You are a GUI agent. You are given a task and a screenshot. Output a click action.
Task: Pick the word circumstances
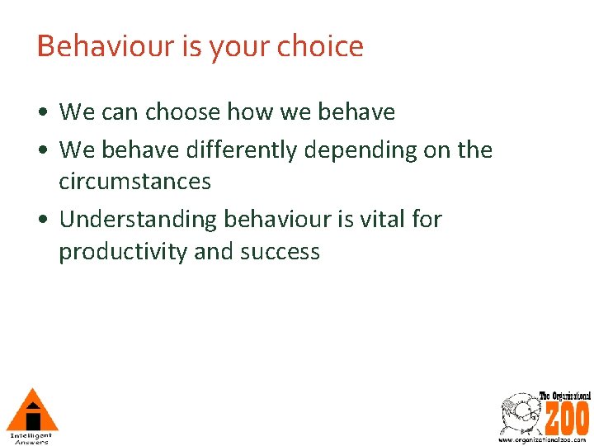pyautogui.click(x=134, y=181)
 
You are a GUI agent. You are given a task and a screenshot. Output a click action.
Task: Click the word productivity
pyautogui.click(x=123, y=251)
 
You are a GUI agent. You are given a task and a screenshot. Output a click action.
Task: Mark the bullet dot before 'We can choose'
pyautogui.click(x=42, y=112)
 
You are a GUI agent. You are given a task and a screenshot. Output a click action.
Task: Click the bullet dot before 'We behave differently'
pyautogui.click(x=42, y=151)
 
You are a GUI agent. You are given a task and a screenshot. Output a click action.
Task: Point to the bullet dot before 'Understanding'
pyautogui.click(x=42, y=221)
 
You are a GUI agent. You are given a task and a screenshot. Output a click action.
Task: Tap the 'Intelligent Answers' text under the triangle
pyautogui.click(x=31, y=438)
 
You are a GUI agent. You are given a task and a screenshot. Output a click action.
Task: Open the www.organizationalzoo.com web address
pyautogui.click(x=544, y=440)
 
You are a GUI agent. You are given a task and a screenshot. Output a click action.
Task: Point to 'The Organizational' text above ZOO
pyautogui.click(x=565, y=396)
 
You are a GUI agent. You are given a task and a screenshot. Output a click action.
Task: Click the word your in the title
pyautogui.click(x=239, y=46)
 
